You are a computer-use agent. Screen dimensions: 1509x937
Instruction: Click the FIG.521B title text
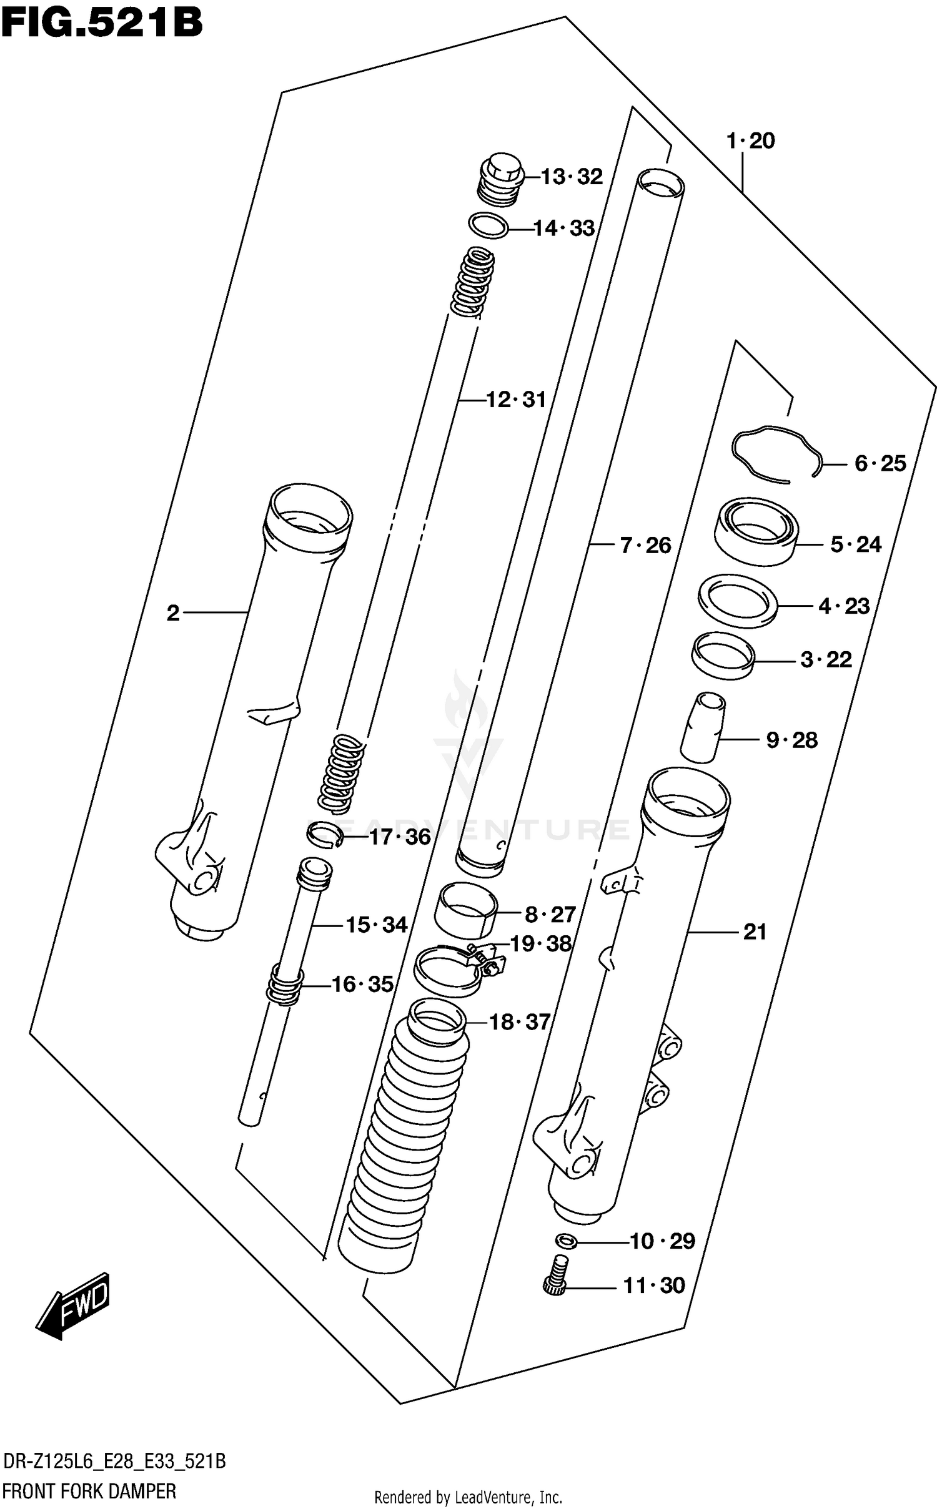102,23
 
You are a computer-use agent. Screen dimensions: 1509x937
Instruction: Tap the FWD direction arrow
74,1307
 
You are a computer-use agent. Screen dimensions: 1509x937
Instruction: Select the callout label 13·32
571,177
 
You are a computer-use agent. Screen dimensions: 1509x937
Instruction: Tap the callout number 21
755,932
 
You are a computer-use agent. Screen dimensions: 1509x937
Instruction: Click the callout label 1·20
750,141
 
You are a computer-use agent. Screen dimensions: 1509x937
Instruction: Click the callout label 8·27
550,915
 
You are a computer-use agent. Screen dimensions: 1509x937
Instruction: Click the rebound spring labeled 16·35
285,985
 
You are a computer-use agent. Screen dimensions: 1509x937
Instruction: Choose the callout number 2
173,613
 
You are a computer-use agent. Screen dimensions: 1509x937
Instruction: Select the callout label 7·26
645,546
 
